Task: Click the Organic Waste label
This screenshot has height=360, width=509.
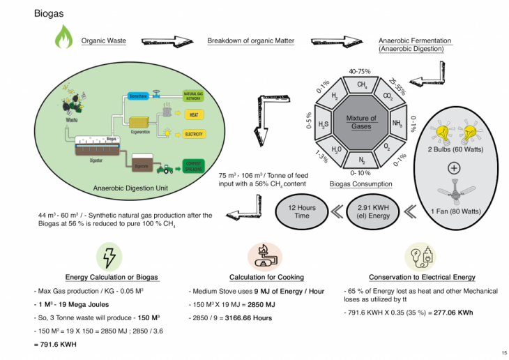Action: (x=103, y=41)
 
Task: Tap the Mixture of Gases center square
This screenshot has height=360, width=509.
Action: (x=361, y=123)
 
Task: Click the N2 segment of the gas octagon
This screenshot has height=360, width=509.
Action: (x=362, y=160)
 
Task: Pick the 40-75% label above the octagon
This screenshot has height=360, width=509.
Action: (x=360, y=71)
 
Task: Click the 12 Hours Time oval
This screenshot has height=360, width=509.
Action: (x=301, y=211)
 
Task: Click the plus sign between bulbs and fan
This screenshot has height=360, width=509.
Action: (x=454, y=168)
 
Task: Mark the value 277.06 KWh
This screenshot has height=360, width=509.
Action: (x=453, y=313)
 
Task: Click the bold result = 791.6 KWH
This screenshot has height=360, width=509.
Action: (x=58, y=345)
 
